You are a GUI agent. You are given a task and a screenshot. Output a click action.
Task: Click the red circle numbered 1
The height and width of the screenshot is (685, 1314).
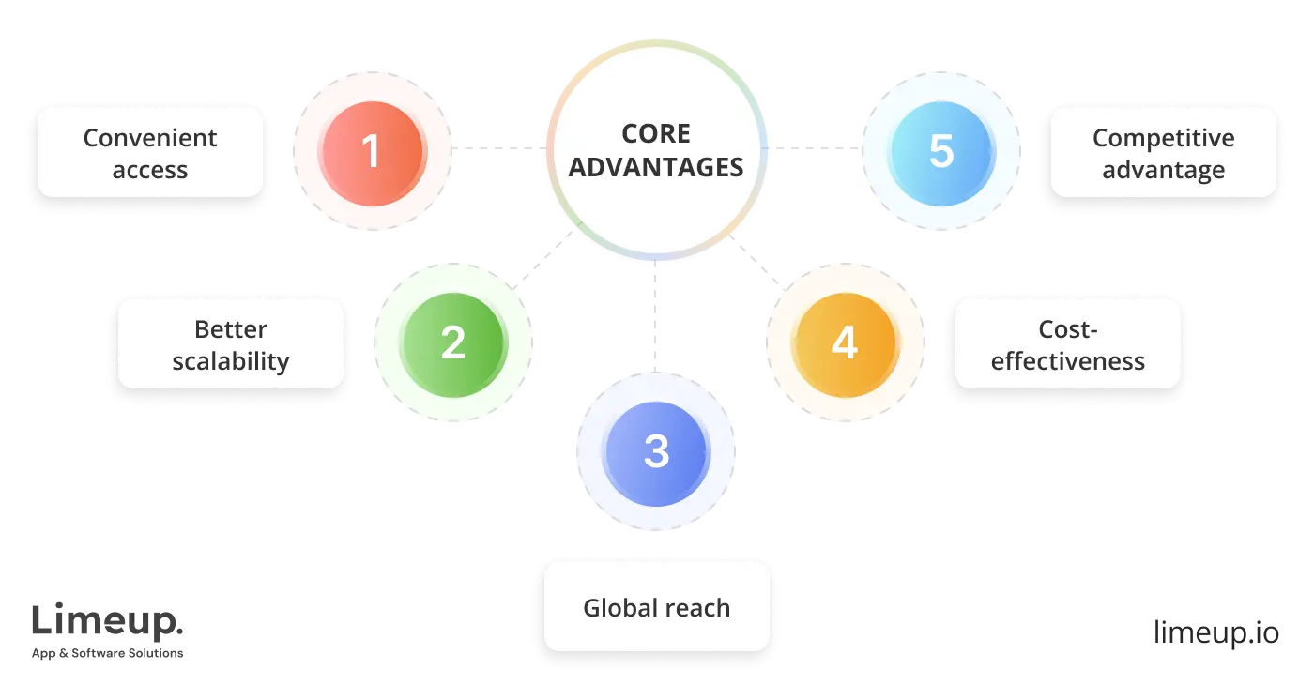(373, 152)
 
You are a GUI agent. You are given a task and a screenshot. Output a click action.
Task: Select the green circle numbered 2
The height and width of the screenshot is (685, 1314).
(453, 342)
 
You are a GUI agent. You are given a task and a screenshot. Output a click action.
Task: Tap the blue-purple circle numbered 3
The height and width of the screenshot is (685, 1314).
(656, 452)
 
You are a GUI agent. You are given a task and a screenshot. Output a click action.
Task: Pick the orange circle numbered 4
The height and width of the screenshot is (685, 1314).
(845, 342)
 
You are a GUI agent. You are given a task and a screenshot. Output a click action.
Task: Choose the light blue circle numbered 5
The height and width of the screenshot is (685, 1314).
(941, 152)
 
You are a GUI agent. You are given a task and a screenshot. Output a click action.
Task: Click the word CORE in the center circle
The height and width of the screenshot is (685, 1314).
(656, 134)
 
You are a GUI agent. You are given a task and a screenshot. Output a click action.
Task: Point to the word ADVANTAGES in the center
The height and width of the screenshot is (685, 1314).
(656, 168)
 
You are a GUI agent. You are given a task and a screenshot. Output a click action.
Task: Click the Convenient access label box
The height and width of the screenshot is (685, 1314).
(150, 153)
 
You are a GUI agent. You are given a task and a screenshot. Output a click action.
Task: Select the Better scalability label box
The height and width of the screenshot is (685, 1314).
(231, 344)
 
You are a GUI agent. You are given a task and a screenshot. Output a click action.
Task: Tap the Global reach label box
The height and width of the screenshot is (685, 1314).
(656, 607)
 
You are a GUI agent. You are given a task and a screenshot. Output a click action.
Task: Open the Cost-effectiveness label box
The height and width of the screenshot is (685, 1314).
(1067, 344)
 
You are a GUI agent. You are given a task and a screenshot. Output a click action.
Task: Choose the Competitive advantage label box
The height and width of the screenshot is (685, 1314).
(1163, 153)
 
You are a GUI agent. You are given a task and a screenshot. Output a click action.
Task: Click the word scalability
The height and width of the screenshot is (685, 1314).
(231, 361)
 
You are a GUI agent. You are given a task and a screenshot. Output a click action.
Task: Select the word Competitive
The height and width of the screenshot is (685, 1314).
(1163, 138)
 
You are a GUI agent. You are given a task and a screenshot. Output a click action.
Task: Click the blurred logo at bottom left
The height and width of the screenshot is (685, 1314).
(108, 629)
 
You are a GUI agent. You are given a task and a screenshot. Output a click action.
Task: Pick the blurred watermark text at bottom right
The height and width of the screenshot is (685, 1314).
(1215, 632)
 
